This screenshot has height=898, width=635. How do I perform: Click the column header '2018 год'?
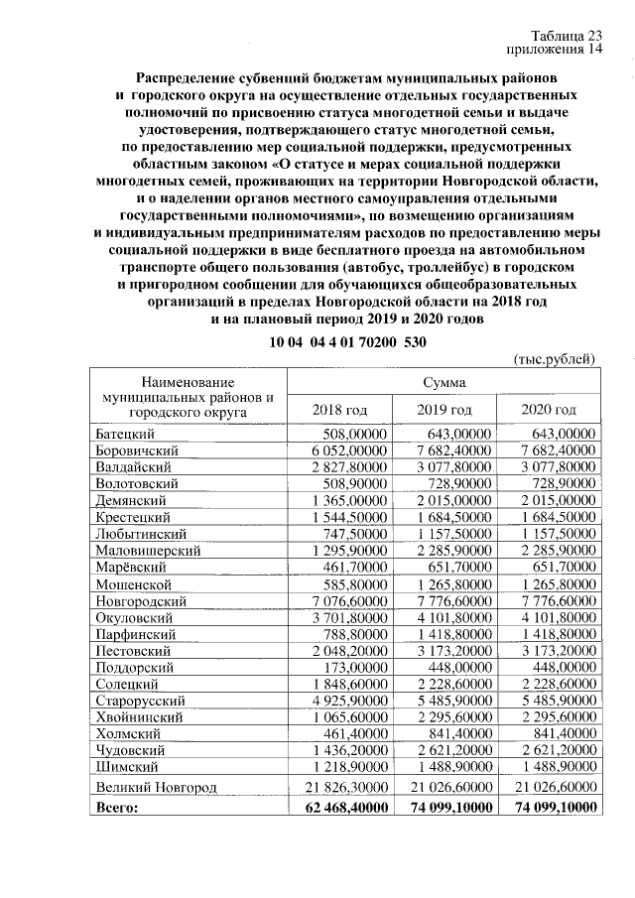339,410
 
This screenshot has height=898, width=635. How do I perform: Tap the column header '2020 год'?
549,410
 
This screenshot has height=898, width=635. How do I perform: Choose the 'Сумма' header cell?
444,382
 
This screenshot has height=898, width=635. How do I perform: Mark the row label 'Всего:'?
118,809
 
